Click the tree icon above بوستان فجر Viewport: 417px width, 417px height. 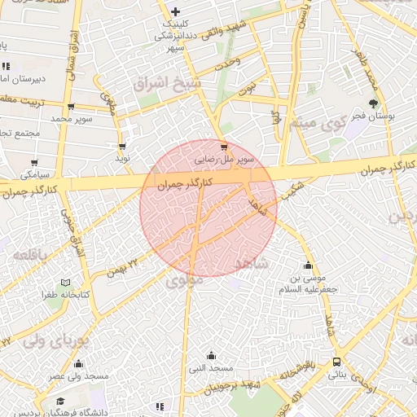coord(373,103)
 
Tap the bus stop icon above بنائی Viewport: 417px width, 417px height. coord(336,362)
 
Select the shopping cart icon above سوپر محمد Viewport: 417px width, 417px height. coord(72,107)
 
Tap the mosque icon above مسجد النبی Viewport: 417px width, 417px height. coord(212,354)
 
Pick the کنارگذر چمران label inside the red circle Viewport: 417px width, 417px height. coord(185,185)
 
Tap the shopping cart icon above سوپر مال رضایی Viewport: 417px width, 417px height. coord(224,147)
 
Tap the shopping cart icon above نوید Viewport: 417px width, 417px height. coord(122,147)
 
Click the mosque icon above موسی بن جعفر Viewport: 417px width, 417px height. coord(308,266)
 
